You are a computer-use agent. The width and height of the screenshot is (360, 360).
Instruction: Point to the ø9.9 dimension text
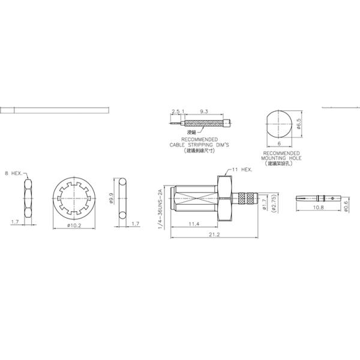pyautogui.click(x=111, y=198)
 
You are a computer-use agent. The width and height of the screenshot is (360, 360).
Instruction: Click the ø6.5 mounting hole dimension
pyautogui.click(x=298, y=124)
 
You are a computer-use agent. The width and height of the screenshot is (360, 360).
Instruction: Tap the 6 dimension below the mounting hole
pyautogui.click(x=280, y=144)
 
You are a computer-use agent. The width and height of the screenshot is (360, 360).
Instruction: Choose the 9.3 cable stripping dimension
pyautogui.click(x=203, y=112)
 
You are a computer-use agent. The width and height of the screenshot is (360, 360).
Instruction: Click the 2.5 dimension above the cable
pyautogui.click(x=175, y=112)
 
